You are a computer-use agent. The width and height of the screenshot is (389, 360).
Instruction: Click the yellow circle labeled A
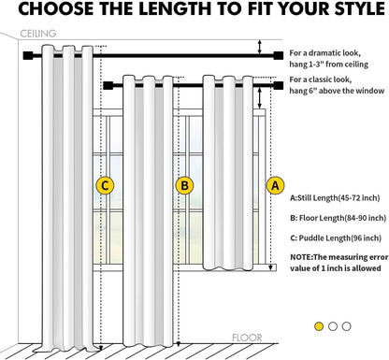(x=275, y=186)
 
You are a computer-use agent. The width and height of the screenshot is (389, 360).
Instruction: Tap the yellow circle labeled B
(x=184, y=186)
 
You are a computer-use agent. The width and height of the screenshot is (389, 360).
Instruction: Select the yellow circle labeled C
(x=105, y=186)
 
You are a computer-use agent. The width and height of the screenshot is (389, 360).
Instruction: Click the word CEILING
(x=38, y=34)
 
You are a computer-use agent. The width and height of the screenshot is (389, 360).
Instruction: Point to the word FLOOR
(x=247, y=338)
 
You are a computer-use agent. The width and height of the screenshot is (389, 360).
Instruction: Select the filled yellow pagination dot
(x=319, y=326)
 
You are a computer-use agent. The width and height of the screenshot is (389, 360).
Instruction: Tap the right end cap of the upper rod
(x=279, y=55)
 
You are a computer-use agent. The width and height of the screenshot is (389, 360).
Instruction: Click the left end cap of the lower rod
(x=108, y=85)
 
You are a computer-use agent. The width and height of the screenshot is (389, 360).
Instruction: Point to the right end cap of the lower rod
(x=279, y=85)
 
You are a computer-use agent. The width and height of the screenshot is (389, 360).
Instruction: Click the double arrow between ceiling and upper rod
(x=259, y=47)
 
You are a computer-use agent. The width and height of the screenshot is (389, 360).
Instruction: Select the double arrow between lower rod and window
(x=259, y=98)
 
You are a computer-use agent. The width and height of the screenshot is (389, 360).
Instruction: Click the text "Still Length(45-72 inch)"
(x=339, y=198)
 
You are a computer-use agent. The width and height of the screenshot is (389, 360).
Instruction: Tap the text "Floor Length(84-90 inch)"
(x=342, y=218)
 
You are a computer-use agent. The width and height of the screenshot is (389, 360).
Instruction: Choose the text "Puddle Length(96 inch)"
(x=340, y=238)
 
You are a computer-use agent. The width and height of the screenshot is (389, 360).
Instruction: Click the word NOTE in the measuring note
(x=300, y=257)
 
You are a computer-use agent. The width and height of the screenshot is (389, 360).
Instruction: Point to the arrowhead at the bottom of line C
(x=101, y=348)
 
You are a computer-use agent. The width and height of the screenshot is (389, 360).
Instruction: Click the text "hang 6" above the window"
(x=337, y=91)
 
